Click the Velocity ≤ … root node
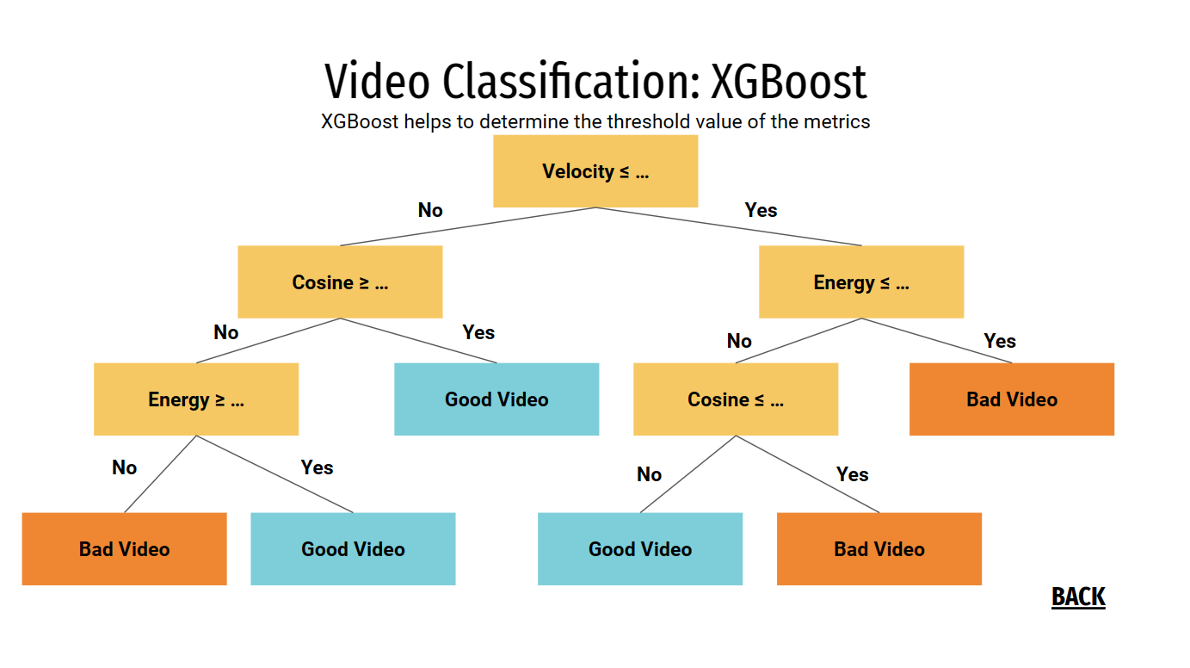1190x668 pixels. click(595, 171)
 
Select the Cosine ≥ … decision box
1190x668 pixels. click(340, 282)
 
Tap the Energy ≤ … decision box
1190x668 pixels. click(861, 282)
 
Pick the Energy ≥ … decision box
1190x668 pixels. click(196, 399)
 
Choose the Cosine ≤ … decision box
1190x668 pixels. click(736, 399)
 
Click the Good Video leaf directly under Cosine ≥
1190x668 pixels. click(496, 399)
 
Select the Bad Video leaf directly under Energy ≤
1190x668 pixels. click(1012, 399)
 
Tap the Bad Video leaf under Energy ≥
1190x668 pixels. click(124, 549)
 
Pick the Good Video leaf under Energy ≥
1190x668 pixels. click(353, 549)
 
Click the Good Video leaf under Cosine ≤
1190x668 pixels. click(640, 549)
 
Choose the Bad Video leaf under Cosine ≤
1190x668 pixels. click(879, 549)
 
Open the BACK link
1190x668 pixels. click(1078, 597)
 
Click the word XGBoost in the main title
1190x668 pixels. click(789, 83)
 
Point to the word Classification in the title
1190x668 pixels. click(570, 83)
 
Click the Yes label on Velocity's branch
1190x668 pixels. click(761, 210)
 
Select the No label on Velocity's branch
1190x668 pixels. click(430, 210)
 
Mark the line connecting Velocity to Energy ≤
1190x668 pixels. click(728, 226)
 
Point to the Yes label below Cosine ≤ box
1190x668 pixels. click(853, 474)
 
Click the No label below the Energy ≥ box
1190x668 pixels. click(124, 467)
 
